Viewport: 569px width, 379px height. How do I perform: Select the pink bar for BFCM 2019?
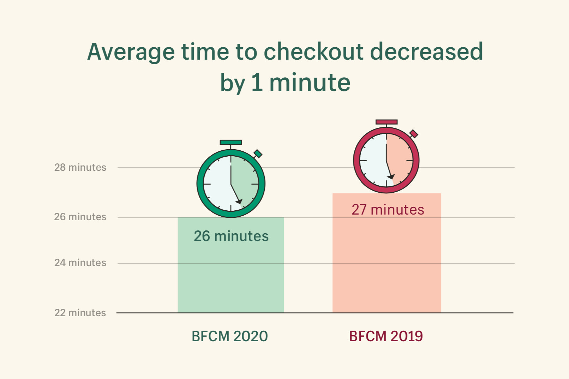click(x=387, y=268)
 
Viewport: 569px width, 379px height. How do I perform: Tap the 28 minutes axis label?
click(x=80, y=167)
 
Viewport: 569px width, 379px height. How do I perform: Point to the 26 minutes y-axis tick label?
click(x=80, y=217)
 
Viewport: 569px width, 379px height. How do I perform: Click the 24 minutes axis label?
click(x=80, y=263)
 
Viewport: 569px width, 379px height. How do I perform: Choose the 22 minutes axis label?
click(x=80, y=313)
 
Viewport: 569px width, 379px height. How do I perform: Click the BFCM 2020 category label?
click(x=230, y=336)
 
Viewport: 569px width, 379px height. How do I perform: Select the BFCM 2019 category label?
click(x=386, y=336)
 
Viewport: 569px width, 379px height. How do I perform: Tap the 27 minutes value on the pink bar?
click(x=388, y=210)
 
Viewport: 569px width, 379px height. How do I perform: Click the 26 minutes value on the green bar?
click(x=231, y=236)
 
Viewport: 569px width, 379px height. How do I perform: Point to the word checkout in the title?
click(x=313, y=52)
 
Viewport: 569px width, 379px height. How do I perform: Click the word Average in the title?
click(x=131, y=52)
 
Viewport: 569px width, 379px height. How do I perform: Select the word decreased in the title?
click(x=426, y=52)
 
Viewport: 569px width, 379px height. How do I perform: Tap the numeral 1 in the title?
click(x=257, y=83)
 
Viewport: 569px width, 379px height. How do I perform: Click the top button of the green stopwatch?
click(x=231, y=142)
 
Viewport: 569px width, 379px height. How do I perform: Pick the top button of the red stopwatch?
click(x=387, y=122)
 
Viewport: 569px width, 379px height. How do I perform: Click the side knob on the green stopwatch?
click(x=258, y=154)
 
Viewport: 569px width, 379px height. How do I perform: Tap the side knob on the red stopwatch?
click(x=414, y=134)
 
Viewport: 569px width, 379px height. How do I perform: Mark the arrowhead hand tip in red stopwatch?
click(x=391, y=176)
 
